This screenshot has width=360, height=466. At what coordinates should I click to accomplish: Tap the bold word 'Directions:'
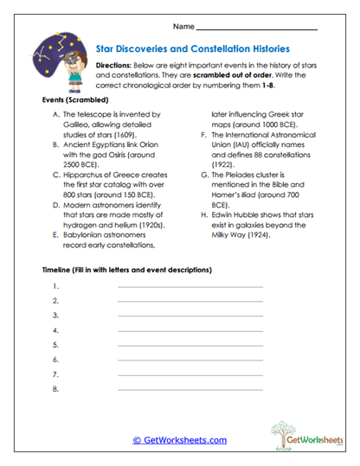(x=113, y=66)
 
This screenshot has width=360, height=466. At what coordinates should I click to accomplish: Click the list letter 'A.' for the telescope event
(x=57, y=115)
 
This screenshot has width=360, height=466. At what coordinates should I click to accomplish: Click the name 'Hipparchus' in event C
(x=86, y=174)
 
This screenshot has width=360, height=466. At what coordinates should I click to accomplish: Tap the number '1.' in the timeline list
(x=55, y=285)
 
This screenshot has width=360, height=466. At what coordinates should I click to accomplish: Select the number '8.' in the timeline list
(x=55, y=390)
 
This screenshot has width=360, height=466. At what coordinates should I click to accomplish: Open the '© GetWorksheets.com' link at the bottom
(x=179, y=440)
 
